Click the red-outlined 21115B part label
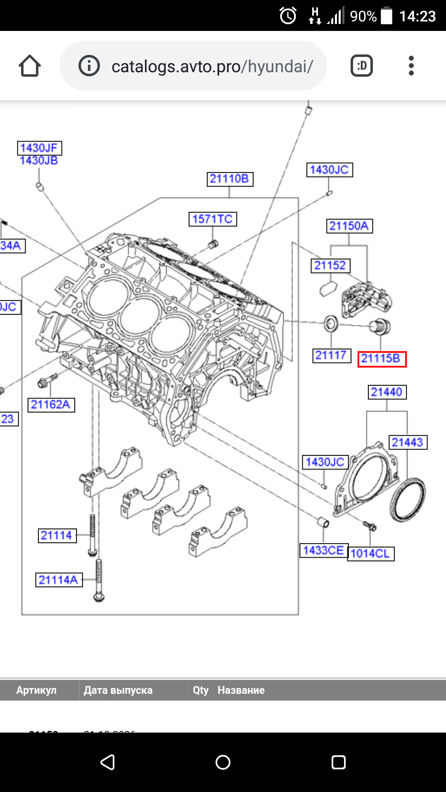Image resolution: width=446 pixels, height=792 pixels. [382, 359]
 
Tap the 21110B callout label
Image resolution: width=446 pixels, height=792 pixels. [230, 179]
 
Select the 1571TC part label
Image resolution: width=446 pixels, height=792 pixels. [213, 219]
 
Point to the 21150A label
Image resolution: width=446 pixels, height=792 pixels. [349, 226]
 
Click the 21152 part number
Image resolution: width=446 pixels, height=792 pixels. [330, 266]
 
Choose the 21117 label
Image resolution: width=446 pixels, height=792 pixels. [331, 356]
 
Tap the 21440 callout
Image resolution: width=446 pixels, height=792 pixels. [387, 392]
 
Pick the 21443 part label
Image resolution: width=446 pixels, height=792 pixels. [408, 443]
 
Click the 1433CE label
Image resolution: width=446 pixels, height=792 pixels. [324, 551]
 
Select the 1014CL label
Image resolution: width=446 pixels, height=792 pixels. [370, 554]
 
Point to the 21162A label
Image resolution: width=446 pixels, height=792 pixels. [51, 405]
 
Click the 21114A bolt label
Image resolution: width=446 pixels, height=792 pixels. [59, 580]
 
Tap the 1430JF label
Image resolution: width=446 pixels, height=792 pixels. [39, 148]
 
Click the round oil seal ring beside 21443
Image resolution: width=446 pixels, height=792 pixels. [408, 500]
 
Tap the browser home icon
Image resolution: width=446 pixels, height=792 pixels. [30, 66]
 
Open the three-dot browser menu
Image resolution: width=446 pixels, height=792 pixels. [411, 66]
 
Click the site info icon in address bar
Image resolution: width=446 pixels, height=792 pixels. [89, 66]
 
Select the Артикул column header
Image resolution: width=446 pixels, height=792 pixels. [36, 691]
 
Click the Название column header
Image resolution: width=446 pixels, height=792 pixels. [241, 691]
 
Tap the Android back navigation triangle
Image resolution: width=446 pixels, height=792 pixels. [107, 762]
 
